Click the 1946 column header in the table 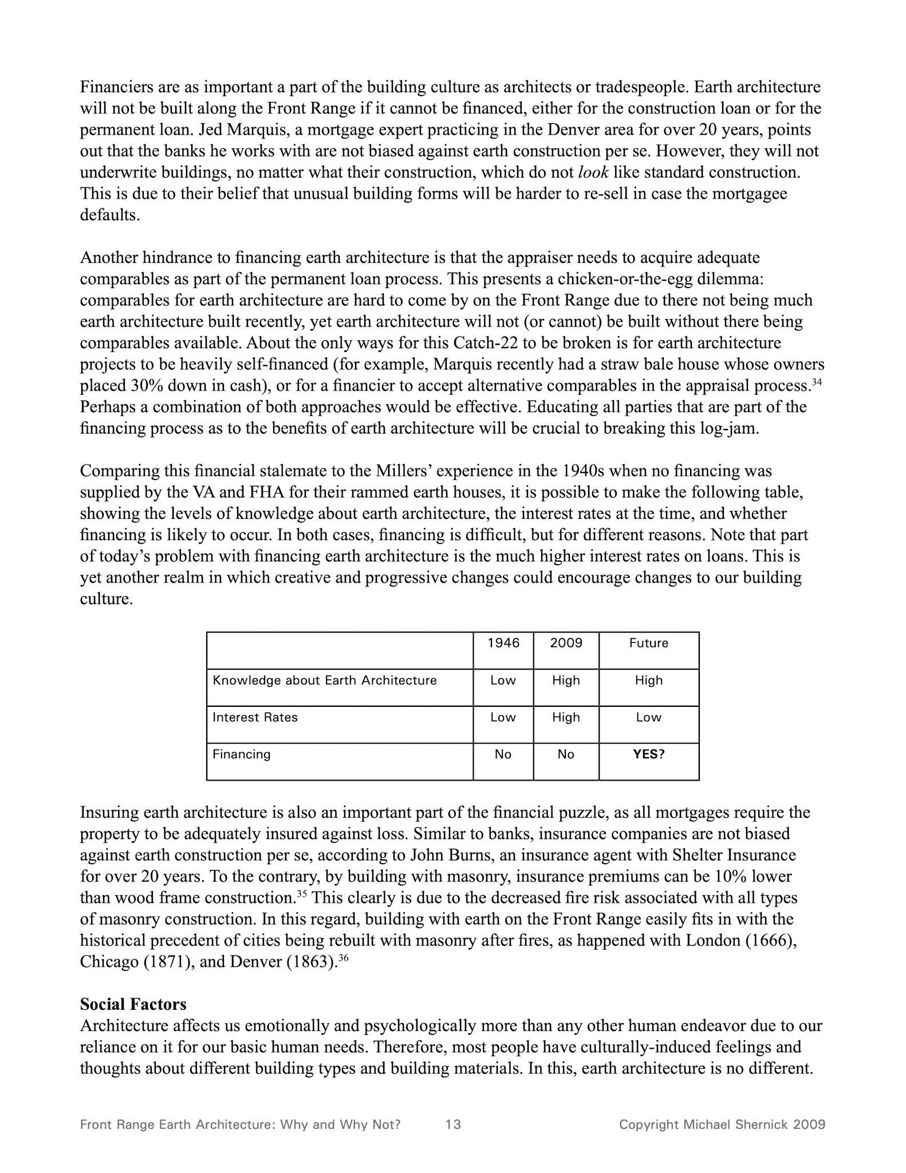pos(503,643)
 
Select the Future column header pos(648,643)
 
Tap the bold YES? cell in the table pos(648,754)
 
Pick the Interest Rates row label pos(255,718)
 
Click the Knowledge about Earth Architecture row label pos(324,680)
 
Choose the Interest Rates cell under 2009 pos(566,718)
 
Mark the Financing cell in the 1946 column pos(503,754)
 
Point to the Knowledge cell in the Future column pos(648,680)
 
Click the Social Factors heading pos(133,1005)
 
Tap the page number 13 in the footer pos(453,1124)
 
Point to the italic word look pos(593,172)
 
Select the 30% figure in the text pos(148,386)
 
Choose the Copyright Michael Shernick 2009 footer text pos(722,1124)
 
